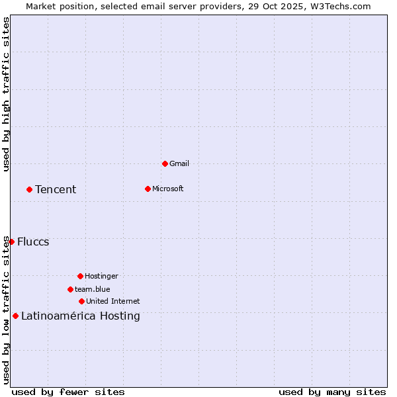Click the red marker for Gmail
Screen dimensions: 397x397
(x=165, y=163)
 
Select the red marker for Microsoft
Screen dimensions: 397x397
(x=148, y=189)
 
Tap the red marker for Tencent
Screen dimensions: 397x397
(x=29, y=189)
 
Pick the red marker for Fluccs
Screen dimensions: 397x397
(x=11, y=242)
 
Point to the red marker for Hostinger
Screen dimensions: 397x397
(x=80, y=276)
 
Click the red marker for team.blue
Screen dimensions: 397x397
(x=70, y=289)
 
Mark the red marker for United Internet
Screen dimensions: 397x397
(x=81, y=301)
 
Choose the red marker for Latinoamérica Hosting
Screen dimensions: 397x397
(x=15, y=316)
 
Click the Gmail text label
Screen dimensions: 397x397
(x=179, y=163)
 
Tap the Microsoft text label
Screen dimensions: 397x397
(x=167, y=189)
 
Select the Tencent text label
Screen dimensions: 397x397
(x=56, y=190)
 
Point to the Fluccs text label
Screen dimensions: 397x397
(x=33, y=242)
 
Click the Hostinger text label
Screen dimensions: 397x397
(x=101, y=276)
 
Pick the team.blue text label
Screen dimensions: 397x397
(x=92, y=289)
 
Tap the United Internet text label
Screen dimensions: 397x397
(x=112, y=301)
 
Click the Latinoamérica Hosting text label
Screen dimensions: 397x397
(x=81, y=316)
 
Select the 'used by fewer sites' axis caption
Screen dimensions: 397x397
(x=68, y=392)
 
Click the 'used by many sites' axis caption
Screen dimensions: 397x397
(x=332, y=392)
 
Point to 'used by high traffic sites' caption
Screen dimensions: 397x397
(x=6, y=95)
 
